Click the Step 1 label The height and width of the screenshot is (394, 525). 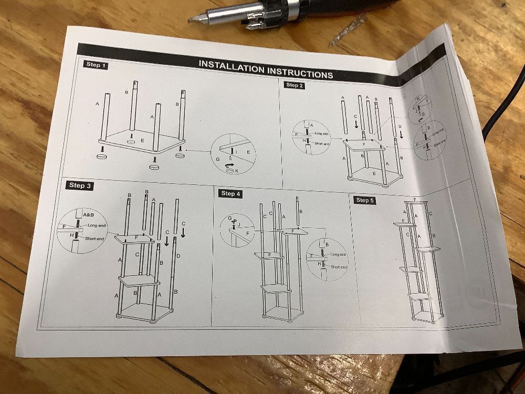(96, 65)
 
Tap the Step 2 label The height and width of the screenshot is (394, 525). (294, 85)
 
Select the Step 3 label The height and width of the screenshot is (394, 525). (80, 185)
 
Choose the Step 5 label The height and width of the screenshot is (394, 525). (362, 200)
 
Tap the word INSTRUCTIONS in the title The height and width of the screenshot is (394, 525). (300, 73)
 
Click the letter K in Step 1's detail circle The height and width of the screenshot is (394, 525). (236, 171)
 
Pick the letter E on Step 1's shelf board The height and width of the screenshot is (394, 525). (142, 140)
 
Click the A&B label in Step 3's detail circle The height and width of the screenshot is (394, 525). (88, 215)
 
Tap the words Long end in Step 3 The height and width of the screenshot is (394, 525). (97, 225)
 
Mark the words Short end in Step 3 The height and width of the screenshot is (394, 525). (94, 239)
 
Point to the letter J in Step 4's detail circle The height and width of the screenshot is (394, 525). (238, 225)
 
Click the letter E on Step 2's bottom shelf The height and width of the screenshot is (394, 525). (374, 173)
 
